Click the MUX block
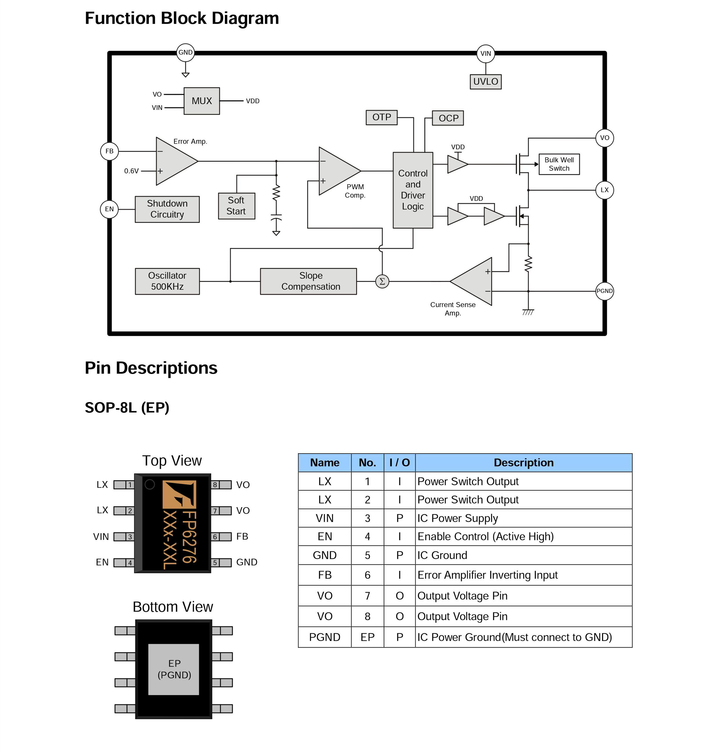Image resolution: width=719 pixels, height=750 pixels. pos(201,101)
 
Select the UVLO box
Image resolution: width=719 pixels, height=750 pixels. pos(485,81)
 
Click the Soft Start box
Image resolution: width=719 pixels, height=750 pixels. pos(236,206)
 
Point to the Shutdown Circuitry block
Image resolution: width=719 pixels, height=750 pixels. pos(167,209)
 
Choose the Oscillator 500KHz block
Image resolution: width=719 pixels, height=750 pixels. pos(167,281)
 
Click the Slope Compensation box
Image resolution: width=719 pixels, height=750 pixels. pos(308,281)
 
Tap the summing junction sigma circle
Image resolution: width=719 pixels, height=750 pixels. pos(382,281)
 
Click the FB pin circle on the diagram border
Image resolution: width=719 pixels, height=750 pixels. pos(109,151)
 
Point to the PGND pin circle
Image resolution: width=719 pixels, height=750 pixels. pos(604,291)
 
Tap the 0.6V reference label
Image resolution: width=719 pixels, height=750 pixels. pos(131,171)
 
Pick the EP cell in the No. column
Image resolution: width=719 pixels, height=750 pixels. pos(367,637)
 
